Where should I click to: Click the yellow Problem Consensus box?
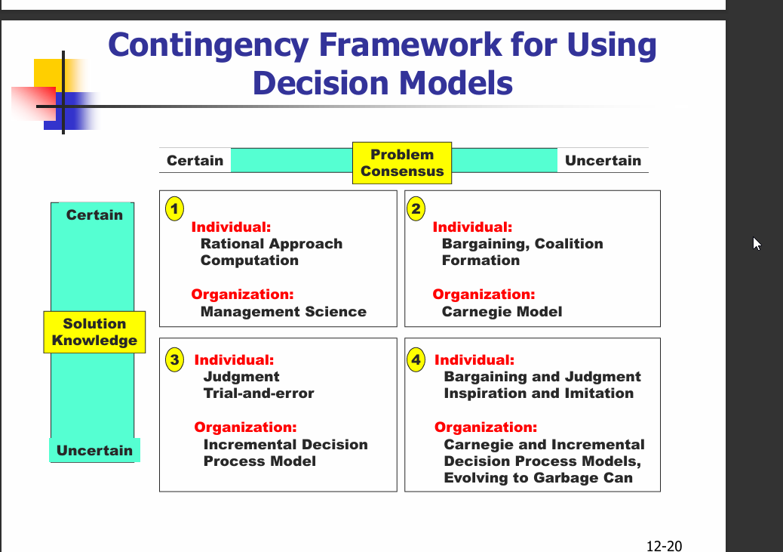click(x=402, y=162)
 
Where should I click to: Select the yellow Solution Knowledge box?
click(x=94, y=332)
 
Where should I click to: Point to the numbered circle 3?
click(x=175, y=360)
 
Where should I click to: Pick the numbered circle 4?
click(x=416, y=360)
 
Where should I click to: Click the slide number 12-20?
click(x=664, y=545)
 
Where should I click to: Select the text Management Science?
click(x=283, y=312)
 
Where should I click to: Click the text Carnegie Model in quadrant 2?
click(x=502, y=312)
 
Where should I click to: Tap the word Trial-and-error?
click(x=259, y=393)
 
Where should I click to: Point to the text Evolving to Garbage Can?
click(x=538, y=478)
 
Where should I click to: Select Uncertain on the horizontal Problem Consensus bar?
click(x=603, y=161)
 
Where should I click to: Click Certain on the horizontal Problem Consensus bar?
click(x=195, y=161)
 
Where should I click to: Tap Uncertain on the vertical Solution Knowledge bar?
click(x=94, y=451)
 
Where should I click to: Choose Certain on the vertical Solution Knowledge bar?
click(x=94, y=215)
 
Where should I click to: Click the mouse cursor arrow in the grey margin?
click(x=757, y=242)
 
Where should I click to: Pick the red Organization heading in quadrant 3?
click(x=245, y=427)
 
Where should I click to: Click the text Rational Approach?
click(x=272, y=244)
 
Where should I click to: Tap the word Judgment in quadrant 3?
click(x=241, y=377)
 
